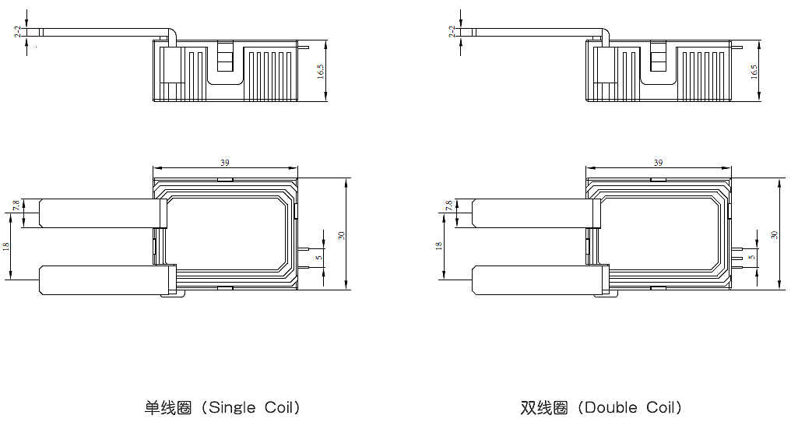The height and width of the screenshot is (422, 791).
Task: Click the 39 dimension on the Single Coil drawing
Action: [225, 163]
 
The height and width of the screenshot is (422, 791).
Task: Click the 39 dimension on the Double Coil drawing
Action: [659, 163]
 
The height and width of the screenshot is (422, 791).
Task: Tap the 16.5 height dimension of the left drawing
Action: [320, 72]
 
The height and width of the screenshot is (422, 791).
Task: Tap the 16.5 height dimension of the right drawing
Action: [754, 72]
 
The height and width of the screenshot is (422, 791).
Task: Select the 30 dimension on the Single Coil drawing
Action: [341, 234]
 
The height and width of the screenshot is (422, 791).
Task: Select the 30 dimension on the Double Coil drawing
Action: [773, 234]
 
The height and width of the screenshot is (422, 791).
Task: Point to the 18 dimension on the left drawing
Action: [6, 246]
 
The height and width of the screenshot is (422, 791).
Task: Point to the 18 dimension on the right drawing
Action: [439, 246]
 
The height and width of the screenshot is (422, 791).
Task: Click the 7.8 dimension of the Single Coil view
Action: [16, 206]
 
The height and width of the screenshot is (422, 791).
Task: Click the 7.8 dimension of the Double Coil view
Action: [449, 206]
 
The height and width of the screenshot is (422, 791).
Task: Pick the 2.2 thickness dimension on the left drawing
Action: [17, 31]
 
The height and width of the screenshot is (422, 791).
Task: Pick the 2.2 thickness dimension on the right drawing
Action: [451, 31]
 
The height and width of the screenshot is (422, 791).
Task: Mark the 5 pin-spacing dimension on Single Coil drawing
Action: [318, 257]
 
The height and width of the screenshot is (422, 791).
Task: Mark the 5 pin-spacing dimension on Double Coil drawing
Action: [751, 257]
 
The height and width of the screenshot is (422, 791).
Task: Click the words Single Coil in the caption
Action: [255, 407]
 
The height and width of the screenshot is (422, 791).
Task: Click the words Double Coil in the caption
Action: [631, 407]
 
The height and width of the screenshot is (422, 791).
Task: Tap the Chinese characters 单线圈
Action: [168, 407]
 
